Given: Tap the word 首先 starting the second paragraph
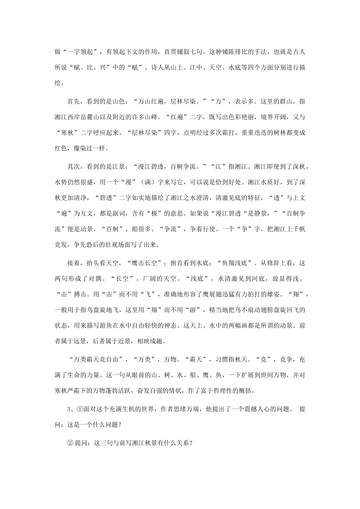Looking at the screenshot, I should tap(74, 101).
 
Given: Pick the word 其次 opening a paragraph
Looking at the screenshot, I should tap(74, 166).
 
